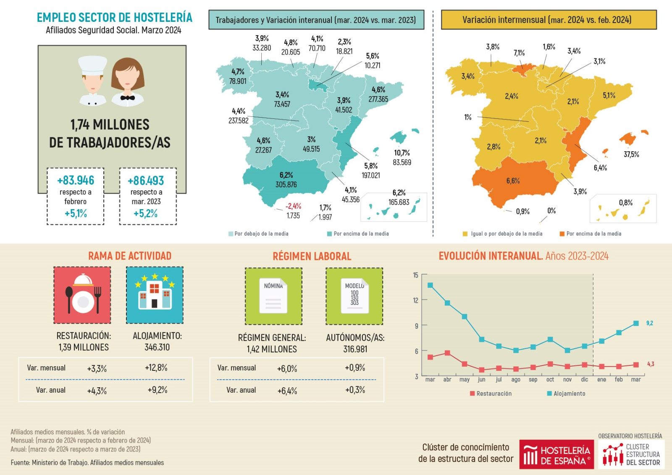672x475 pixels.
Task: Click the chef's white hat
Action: pos(92,65)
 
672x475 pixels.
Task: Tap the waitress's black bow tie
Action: pos(127,98)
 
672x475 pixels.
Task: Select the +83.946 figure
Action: pos(76,181)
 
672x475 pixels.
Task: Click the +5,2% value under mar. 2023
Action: pos(145,213)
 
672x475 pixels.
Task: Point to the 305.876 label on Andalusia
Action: pos(286,184)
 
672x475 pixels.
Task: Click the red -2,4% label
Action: pos(293,206)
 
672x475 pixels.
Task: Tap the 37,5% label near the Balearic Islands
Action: pos(631,155)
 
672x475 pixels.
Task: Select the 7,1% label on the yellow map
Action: pos(519,53)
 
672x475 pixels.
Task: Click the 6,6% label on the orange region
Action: pos(513,181)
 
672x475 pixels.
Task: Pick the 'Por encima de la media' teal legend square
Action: pos(330,234)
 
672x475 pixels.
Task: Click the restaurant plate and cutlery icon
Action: pos(82,295)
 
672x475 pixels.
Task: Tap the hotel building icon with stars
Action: pos(155,295)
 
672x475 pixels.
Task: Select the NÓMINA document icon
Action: pos(273,296)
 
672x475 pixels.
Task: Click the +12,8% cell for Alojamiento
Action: pos(156,368)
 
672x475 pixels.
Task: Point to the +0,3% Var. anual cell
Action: pos(355,390)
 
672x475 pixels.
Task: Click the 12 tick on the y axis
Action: pos(416,300)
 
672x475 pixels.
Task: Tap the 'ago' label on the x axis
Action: pos(516,380)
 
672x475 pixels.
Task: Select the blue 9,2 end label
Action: pos(649,323)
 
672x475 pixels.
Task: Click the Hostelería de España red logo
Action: pos(556,454)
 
